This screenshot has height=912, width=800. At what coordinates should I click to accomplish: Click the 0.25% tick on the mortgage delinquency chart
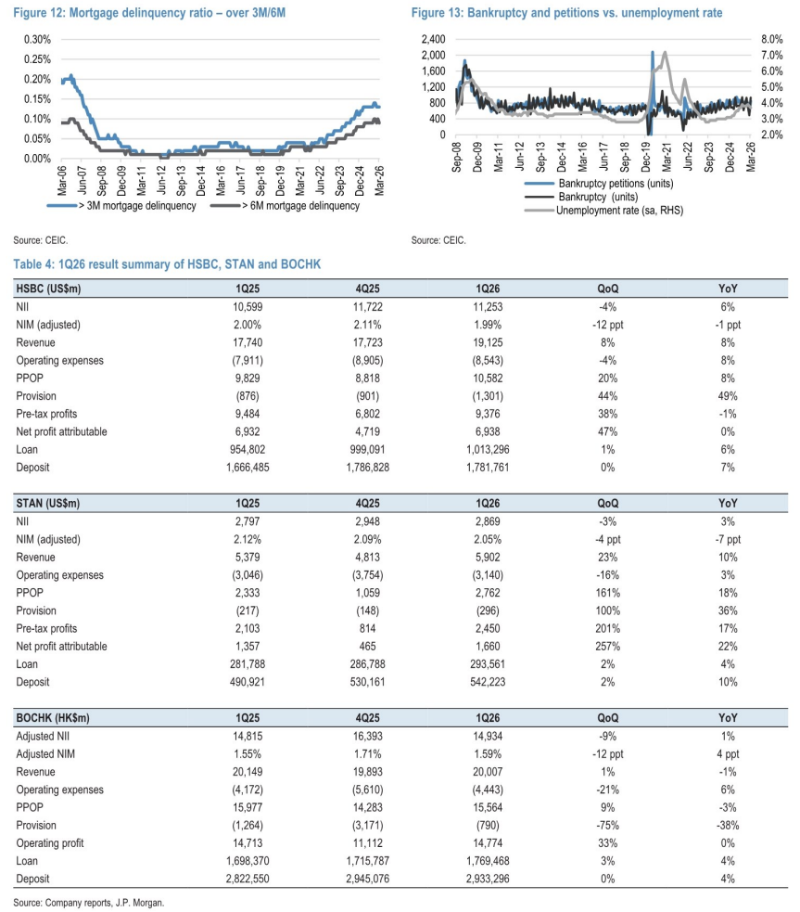pos(37,59)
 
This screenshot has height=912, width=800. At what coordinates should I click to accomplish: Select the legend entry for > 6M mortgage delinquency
pos(286,206)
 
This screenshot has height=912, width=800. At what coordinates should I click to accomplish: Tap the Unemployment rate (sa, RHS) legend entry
pos(604,211)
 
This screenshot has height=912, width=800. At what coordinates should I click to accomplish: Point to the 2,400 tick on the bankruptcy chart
pos(434,40)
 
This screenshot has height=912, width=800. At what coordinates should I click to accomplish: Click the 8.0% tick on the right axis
pos(772,40)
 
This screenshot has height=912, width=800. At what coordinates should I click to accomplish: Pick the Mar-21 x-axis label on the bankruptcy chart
pos(667,157)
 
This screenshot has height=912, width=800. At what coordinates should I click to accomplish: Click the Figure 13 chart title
pos(567,13)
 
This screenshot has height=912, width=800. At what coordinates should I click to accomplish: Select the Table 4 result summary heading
pos(167,264)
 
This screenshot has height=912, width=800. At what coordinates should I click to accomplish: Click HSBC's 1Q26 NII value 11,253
pos(488,307)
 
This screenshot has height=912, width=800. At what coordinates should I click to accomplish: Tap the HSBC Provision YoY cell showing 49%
pos(728,396)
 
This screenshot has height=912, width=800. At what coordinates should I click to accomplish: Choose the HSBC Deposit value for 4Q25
pos(368,468)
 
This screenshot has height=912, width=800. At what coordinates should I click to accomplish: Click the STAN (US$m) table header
pos(47,504)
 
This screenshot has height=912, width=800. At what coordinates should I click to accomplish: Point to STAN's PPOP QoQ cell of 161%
pos(608,593)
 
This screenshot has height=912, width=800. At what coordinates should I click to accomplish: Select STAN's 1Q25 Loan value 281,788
pos(248,665)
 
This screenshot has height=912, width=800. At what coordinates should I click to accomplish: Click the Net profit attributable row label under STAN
pos(61,647)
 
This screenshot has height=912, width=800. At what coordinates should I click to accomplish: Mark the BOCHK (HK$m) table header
pos(53,718)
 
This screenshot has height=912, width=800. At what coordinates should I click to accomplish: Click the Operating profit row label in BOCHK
pos(50,843)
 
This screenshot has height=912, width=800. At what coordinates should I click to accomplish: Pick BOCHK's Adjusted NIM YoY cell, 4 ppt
pos(728,754)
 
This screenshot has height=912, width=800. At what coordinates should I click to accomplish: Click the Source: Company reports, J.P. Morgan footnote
pos(89,903)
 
